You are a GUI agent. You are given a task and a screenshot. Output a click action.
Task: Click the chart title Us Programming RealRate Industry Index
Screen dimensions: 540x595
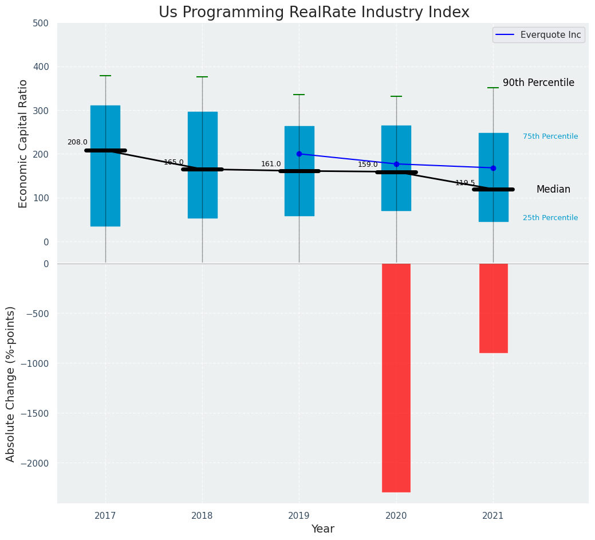pyautogui.click(x=314, y=13)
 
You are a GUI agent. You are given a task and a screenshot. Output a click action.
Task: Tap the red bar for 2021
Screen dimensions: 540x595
pyautogui.click(x=493, y=308)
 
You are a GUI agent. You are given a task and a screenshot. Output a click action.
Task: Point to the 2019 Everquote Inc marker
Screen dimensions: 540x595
pyautogui.click(x=299, y=154)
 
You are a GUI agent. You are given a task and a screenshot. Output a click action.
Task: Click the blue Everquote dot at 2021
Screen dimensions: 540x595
pyautogui.click(x=493, y=168)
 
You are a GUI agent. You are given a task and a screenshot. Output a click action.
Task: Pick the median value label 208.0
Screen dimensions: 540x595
pyautogui.click(x=77, y=142)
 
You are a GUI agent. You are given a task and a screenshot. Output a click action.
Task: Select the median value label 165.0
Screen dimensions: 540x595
pyautogui.click(x=174, y=162)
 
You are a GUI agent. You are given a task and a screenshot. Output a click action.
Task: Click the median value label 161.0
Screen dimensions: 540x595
pyautogui.click(x=271, y=164)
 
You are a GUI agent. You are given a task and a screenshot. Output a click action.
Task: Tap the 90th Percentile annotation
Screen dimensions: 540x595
pyautogui.click(x=538, y=83)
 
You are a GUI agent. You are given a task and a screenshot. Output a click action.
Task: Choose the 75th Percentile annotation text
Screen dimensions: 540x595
pyautogui.click(x=550, y=136)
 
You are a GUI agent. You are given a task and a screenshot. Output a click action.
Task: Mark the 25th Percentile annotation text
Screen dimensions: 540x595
pyautogui.click(x=550, y=218)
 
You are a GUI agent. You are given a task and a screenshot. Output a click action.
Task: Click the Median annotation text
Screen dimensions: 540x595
pyautogui.click(x=553, y=189)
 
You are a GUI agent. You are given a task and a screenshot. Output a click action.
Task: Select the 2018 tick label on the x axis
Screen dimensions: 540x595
pyautogui.click(x=202, y=516)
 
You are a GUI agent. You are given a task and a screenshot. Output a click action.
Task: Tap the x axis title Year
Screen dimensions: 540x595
pyautogui.click(x=323, y=529)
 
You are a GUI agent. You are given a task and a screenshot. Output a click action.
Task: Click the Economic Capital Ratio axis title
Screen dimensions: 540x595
pyautogui.click(x=23, y=143)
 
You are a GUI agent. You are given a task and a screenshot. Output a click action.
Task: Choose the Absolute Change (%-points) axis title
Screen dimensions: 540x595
pyautogui.click(x=11, y=384)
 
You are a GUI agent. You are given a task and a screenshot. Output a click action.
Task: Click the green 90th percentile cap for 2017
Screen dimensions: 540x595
pyautogui.click(x=105, y=76)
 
